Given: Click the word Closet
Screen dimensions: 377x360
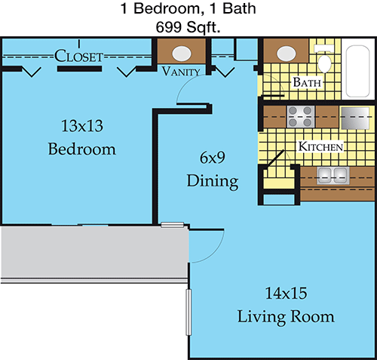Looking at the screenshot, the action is tap(78, 56).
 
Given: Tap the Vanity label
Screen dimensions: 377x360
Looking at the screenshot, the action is tap(181, 72).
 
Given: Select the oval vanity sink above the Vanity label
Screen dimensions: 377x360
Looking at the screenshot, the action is tap(182, 54).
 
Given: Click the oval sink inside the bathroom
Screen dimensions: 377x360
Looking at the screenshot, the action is tap(286, 54).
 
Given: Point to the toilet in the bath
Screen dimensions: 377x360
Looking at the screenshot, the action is tap(324, 59).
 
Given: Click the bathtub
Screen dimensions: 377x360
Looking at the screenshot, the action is tap(358, 71).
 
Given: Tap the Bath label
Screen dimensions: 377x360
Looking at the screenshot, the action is tap(307, 82).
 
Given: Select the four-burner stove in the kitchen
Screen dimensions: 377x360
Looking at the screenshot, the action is tap(301, 116).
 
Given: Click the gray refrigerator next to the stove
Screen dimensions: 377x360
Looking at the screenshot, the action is tap(355, 118).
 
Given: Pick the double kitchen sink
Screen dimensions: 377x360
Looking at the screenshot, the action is tap(333, 175).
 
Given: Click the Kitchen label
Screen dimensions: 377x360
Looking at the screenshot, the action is tap(320, 146).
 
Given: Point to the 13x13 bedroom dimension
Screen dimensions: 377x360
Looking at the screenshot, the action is tap(82, 126).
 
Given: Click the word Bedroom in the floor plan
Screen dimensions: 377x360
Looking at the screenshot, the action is tap(82, 149).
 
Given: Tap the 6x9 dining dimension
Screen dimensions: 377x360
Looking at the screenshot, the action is tap(213, 158).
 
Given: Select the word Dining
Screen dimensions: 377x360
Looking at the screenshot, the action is tap(213, 181).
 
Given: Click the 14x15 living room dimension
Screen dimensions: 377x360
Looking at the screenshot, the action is tap(287, 293).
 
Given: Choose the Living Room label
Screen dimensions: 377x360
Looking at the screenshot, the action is tap(286, 317).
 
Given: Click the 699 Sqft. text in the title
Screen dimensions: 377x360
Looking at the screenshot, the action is tap(188, 27).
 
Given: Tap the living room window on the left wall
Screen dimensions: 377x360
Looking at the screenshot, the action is tap(188, 312).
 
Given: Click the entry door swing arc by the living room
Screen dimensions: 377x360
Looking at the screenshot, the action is tap(216, 253).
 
